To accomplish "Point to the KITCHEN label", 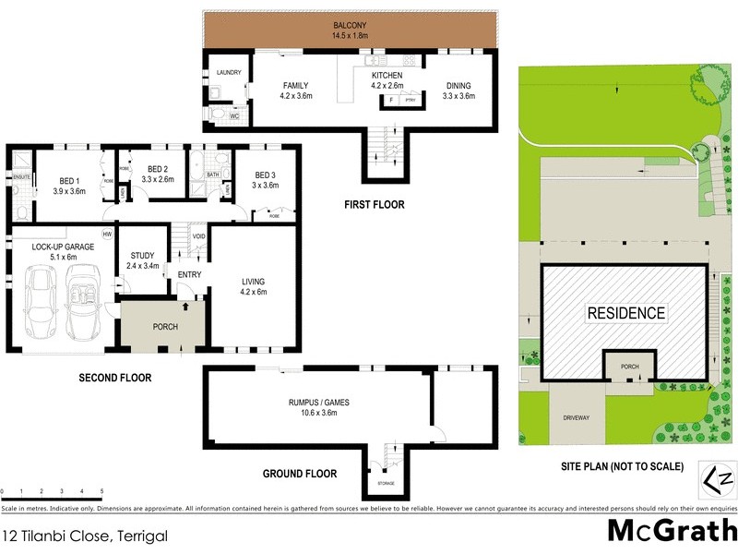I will click(387, 76).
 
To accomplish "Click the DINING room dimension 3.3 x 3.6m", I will click(458, 95).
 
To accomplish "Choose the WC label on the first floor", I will click(234, 117).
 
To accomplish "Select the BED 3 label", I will click(266, 175).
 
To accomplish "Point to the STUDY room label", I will click(142, 256).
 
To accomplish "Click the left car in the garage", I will click(42, 303).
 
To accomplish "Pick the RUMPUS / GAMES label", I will click(318, 402).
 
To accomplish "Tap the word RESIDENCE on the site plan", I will click(626, 313).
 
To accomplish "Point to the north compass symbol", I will click(716, 477).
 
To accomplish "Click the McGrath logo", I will click(671, 531).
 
